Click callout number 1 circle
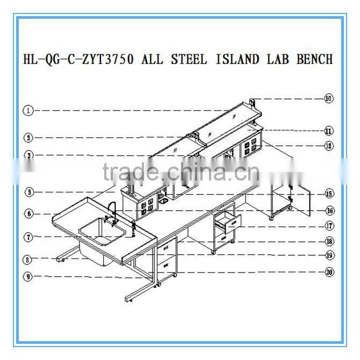tap(28, 111)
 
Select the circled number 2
tap(28, 137)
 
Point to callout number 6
tap(28, 213)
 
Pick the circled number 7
tap(28, 236)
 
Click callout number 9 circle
tap(28, 277)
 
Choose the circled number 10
tap(328, 98)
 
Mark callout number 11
tap(328, 130)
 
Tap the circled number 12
tap(328, 145)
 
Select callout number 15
tap(328, 194)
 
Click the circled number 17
tap(328, 226)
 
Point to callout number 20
tap(328, 272)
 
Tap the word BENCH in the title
tap(314, 59)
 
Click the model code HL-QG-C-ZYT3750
tap(78, 59)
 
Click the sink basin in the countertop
tap(99, 229)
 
